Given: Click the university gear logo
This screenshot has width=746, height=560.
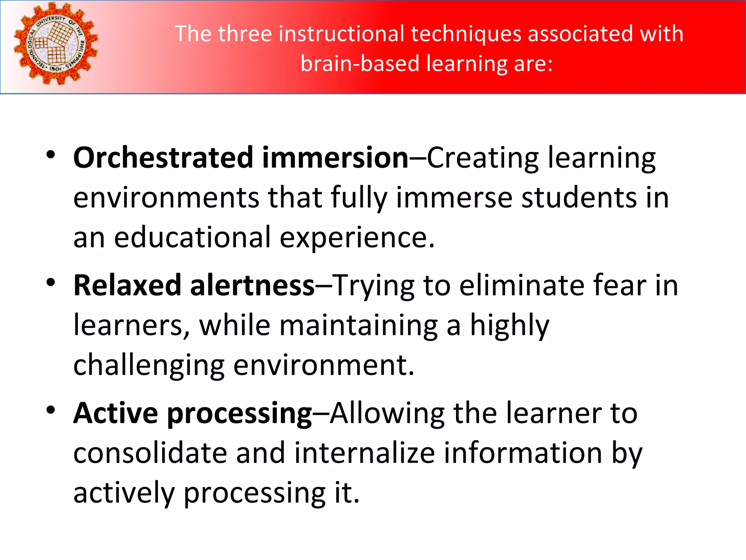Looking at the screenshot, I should tap(56, 44).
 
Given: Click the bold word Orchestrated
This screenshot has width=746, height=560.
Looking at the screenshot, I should tap(163, 157).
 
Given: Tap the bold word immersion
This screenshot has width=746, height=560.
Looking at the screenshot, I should tap(335, 157).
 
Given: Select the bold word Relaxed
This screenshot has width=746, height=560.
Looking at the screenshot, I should tap(127, 285).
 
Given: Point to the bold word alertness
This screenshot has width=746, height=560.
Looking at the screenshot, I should tap(252, 285).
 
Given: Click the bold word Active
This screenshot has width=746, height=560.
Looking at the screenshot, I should tap(115, 413).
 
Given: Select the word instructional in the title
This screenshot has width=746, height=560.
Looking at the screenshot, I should tap(342, 34).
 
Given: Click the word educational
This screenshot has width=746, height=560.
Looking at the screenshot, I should tap(192, 237).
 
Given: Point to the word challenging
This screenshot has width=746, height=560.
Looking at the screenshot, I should tap(149, 365).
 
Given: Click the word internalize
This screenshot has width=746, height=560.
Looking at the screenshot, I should tap(365, 453).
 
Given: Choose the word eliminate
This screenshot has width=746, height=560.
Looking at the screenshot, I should tap(521, 285).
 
